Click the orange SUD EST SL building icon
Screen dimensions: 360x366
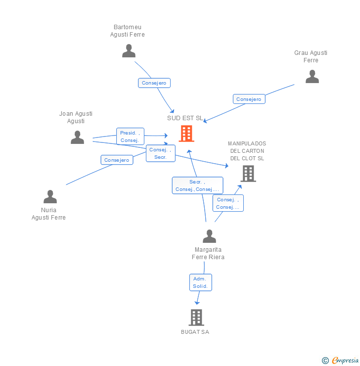tap(186, 134)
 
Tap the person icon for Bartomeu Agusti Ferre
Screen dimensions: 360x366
tap(129, 51)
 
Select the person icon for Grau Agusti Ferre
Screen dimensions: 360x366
tap(312, 77)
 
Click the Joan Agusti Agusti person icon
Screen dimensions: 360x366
tap(77, 137)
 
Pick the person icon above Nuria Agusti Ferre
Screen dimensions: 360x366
tap(50, 197)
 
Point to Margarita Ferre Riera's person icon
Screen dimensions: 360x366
tap(209, 236)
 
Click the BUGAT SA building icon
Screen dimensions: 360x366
tap(196, 317)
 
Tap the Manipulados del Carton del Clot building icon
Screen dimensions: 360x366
tap(248, 173)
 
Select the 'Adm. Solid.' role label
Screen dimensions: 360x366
tap(200, 282)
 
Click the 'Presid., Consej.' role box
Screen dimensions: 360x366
tap(130, 137)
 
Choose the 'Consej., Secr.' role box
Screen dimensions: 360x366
tap(161, 153)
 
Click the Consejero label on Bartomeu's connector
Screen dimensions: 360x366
tap(154, 83)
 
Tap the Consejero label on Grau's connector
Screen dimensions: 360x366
tap(249, 99)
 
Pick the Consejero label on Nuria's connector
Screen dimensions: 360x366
tap(117, 160)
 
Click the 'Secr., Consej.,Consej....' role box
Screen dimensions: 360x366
tap(197, 185)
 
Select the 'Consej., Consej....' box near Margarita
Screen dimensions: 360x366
tap(228, 203)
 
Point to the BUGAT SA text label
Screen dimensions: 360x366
tap(195, 332)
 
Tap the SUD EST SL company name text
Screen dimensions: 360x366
tap(185, 118)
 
